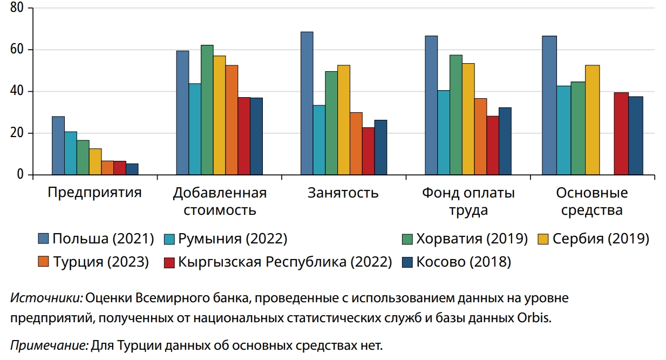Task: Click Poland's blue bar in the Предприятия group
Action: [x=58, y=146]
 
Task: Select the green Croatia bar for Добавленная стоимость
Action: [x=207, y=110]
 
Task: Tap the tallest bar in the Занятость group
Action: [x=307, y=103]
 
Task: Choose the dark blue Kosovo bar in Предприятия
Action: [x=132, y=169]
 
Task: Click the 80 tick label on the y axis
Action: [x=17, y=8]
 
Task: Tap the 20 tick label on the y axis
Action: [x=17, y=133]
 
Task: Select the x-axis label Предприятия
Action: [x=94, y=193]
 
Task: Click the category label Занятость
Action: [x=343, y=193]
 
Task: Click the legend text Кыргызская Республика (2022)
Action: [x=284, y=262]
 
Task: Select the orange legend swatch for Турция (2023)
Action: [x=44, y=262]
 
